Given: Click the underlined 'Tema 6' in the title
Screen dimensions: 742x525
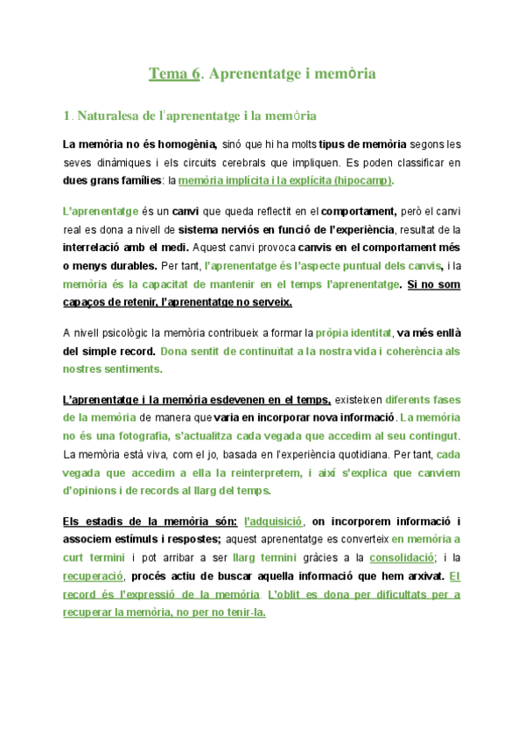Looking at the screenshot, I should coord(174,74).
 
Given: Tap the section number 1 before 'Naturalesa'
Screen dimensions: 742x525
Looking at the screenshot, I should coord(66,115).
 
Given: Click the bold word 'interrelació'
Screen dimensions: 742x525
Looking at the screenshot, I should coord(99,248).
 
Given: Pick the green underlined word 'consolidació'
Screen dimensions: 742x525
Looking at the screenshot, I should coord(402,557).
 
